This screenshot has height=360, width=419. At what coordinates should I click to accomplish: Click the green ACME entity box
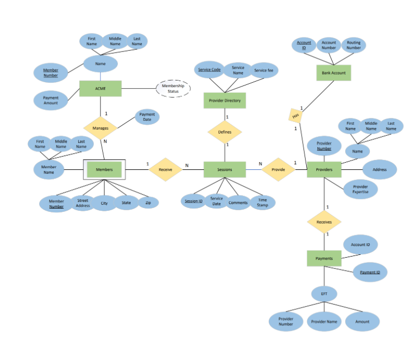coord(101,88)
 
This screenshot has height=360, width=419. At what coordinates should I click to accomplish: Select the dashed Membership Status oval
coord(173,88)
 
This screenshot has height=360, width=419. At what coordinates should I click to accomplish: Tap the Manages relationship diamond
coord(101,128)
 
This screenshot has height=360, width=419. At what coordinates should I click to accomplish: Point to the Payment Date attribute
coord(147,117)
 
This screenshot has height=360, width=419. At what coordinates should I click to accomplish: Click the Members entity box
coord(104,169)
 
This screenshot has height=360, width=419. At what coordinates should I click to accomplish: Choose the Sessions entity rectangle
coord(225,169)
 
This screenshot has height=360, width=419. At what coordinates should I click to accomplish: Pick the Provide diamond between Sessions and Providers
coord(278,169)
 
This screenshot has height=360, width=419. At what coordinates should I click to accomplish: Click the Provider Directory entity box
coord(225,101)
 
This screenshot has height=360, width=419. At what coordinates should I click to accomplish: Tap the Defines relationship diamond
coord(225,132)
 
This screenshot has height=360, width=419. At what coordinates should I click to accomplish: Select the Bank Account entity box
coord(334,73)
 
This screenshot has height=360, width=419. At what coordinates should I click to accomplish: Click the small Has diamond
coord(296,115)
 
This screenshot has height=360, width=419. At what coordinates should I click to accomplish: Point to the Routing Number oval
coord(354,45)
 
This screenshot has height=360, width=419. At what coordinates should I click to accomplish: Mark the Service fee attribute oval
coord(263,70)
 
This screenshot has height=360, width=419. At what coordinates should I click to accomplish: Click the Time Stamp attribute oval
coord(262,202)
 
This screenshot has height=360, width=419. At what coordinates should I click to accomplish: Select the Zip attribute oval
coord(148,203)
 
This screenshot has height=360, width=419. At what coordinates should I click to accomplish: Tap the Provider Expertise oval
coord(360,189)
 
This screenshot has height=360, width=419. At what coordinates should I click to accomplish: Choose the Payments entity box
coord(324,258)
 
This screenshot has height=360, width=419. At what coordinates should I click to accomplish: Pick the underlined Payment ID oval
coord(370,272)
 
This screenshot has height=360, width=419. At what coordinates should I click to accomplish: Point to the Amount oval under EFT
coord(362,321)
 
